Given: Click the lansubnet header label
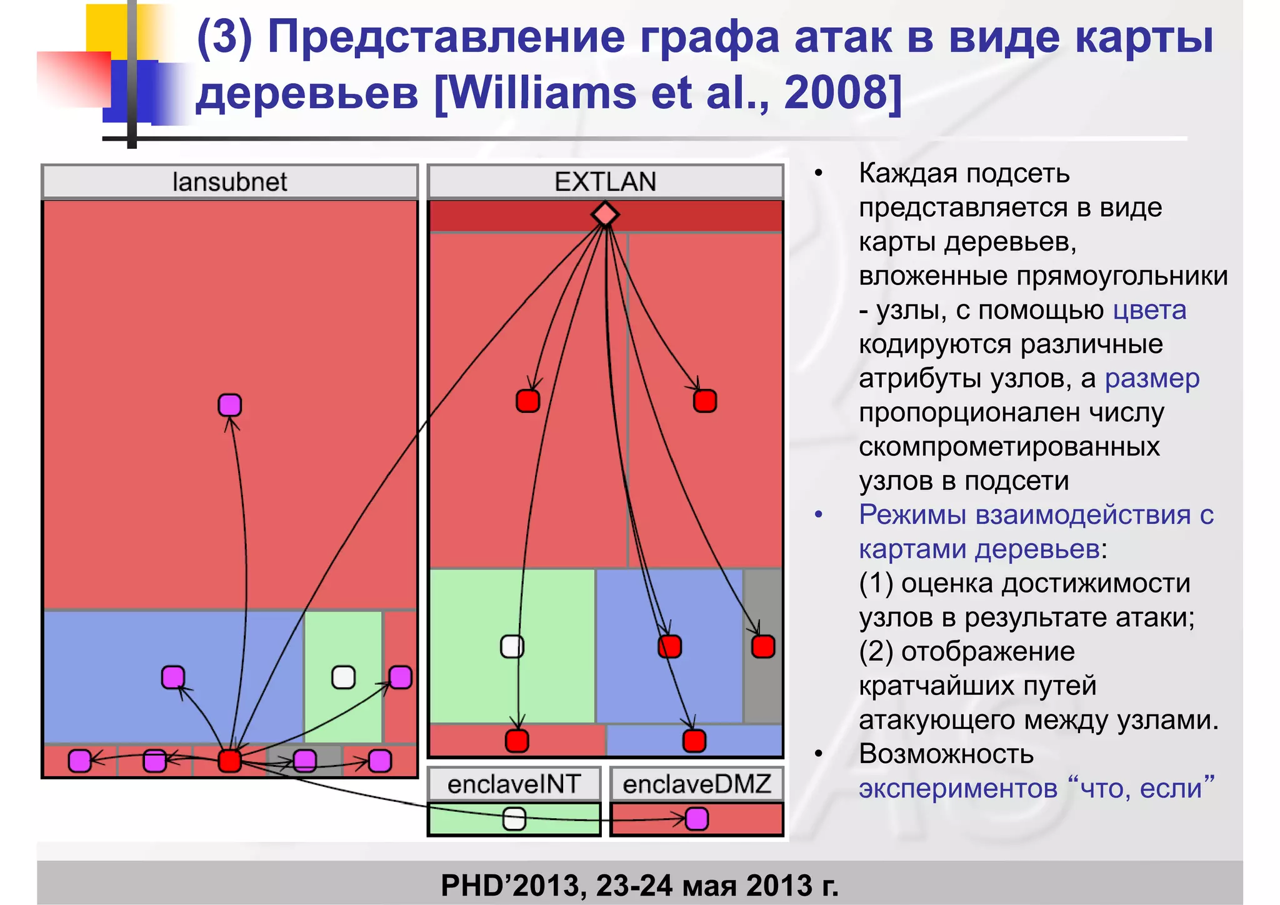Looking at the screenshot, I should pyautogui.click(x=229, y=182).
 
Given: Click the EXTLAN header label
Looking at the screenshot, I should pyautogui.click(x=605, y=182).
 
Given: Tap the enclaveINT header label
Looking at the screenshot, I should pyautogui.click(x=514, y=784).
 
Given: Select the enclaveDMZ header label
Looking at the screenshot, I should pyautogui.click(x=696, y=784).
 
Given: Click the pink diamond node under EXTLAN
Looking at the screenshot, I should pyautogui.click(x=605, y=214).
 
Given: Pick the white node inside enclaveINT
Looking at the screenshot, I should pyautogui.click(x=514, y=819).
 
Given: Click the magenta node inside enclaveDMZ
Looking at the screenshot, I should pyautogui.click(x=697, y=819).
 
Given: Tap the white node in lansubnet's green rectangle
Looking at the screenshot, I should pyautogui.click(x=343, y=677).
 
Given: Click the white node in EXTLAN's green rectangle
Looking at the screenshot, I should pyautogui.click(x=512, y=646).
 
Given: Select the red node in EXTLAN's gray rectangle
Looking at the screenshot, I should pyautogui.click(x=763, y=646).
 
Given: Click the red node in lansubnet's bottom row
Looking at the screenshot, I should pyautogui.click(x=229, y=761).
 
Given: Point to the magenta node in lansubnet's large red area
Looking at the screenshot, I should pyautogui.click(x=229, y=405).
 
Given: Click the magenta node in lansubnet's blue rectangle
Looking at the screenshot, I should pyautogui.click(x=173, y=677).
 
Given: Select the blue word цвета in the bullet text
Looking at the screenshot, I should pyautogui.click(x=1149, y=311).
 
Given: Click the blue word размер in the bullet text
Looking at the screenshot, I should pyautogui.click(x=1152, y=379).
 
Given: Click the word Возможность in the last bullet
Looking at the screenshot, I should pyautogui.click(x=946, y=754).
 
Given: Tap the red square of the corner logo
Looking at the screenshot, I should pyautogui.click(x=74, y=78).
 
